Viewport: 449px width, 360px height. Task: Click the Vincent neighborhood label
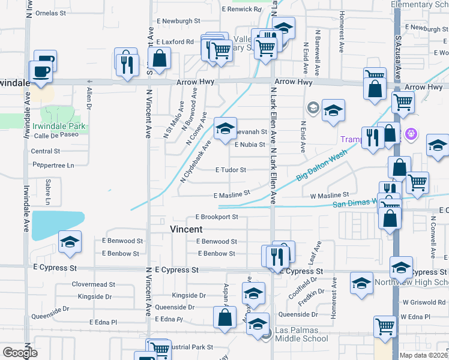[x=187, y=229]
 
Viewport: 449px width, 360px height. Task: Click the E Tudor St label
[x=231, y=170]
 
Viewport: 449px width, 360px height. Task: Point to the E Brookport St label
[x=217, y=217]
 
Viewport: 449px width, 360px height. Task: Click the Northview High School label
[x=412, y=282]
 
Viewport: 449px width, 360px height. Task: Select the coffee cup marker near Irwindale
[x=41, y=72]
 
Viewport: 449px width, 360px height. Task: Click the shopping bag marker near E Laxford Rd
[x=159, y=59]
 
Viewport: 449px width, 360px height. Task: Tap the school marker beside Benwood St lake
[x=70, y=242]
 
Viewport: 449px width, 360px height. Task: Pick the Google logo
[x=20, y=352]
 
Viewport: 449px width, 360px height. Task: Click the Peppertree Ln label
[x=53, y=165]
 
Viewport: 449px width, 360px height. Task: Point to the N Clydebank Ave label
[x=196, y=162]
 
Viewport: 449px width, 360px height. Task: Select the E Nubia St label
[x=250, y=145]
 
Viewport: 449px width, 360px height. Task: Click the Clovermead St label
[x=93, y=284]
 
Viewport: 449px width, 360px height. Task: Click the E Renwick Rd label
[x=242, y=9]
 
